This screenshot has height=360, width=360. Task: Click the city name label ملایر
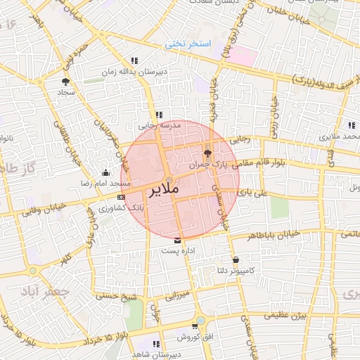tap(164, 190)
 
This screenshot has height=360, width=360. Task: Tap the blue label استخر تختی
tap(188, 44)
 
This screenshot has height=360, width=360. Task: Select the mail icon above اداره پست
tap(167, 240)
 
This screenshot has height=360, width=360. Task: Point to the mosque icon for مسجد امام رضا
tap(106, 172)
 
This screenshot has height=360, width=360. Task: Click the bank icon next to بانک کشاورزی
tap(122, 197)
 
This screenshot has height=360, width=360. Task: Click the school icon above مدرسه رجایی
tap(160, 115)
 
